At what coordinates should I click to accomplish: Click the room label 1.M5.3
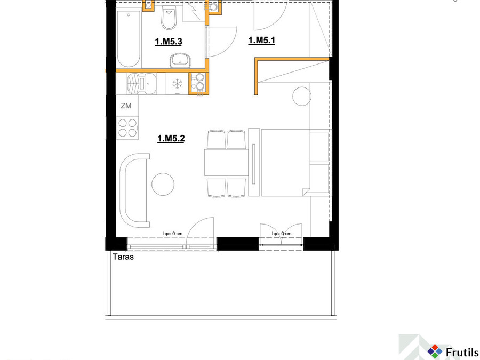[169, 41]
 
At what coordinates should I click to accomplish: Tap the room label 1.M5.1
[261, 41]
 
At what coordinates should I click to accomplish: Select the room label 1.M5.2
[171, 138]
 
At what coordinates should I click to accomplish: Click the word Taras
[123, 257]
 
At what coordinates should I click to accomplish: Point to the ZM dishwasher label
[126, 106]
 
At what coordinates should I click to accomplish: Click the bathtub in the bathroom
[129, 39]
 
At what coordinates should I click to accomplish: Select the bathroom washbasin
[180, 60]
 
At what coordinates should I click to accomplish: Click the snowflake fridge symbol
[177, 83]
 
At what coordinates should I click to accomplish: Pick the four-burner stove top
[127, 127]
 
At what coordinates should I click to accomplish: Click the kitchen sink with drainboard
[141, 83]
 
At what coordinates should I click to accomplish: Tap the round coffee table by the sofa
[163, 185]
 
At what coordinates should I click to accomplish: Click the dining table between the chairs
[226, 162]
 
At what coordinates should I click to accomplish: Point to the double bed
[289, 162]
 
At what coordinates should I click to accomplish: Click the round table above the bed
[302, 96]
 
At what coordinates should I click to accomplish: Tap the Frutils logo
[453, 351]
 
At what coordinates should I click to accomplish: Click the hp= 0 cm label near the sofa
[173, 234]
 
